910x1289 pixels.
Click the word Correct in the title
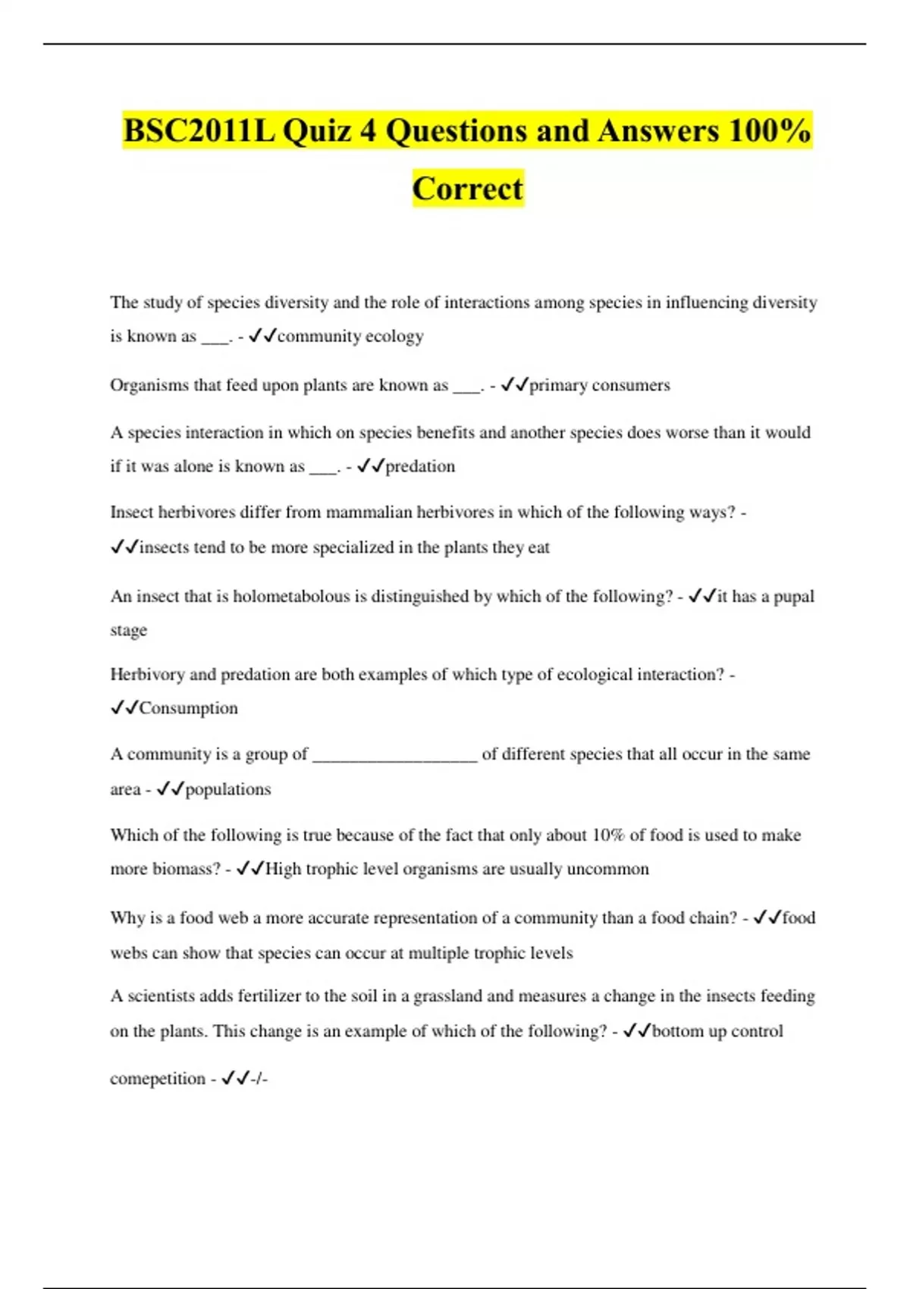tap(468, 188)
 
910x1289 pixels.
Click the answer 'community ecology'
tap(350, 336)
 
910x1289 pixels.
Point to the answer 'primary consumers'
tap(599, 385)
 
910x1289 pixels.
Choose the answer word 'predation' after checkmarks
tap(420, 466)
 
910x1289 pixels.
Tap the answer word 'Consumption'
tap(188, 708)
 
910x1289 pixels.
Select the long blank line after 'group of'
tap(394, 755)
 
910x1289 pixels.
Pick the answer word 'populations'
tap(227, 789)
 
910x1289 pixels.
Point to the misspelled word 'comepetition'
tap(157, 1079)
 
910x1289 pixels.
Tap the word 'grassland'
tap(446, 996)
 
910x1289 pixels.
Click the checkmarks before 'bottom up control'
tap(636, 1031)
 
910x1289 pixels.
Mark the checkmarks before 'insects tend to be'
tap(124, 547)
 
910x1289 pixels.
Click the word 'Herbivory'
tap(148, 675)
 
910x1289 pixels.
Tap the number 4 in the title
tap(368, 130)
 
